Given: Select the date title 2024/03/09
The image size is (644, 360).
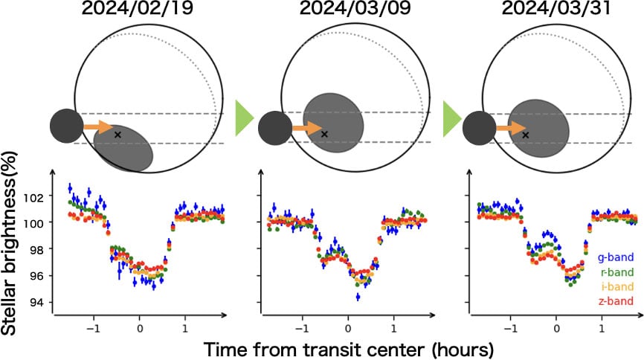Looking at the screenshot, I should (347, 10).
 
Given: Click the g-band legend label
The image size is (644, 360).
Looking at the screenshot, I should (616, 258).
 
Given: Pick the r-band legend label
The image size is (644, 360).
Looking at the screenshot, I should (616, 272).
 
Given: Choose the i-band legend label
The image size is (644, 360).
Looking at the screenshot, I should (616, 286).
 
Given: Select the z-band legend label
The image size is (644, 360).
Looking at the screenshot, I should (616, 300).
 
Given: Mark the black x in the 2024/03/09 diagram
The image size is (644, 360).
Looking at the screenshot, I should (324, 134).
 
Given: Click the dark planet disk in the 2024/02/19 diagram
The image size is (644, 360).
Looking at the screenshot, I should (67, 126).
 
